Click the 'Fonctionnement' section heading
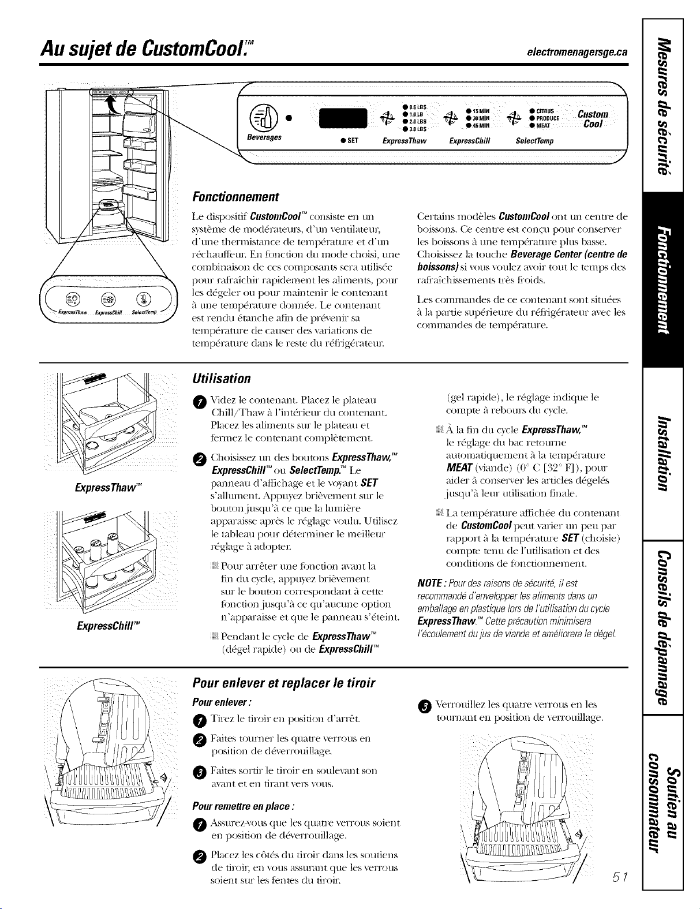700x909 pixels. [x=235, y=197]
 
